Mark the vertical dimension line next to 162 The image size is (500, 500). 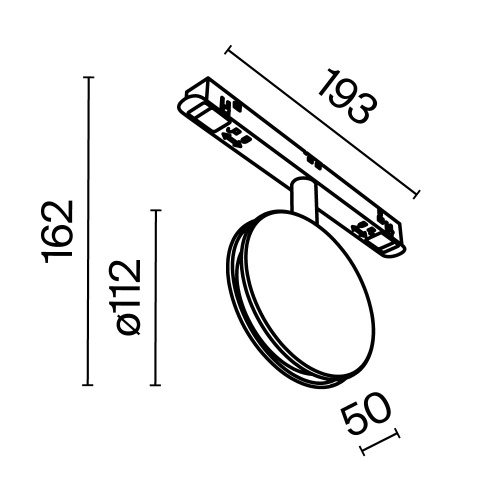pos(91,231)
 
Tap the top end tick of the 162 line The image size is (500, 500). pos(91,78)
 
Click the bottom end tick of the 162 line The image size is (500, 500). pos(91,385)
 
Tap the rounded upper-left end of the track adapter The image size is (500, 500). pos(187,101)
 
